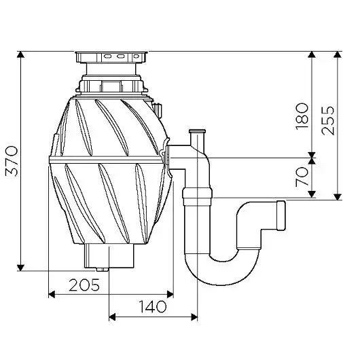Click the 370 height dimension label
coord(12,161)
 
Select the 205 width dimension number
coord(84,285)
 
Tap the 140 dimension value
coord(152,306)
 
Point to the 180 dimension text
coord(302,116)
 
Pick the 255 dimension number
coord(327,120)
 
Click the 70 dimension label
coord(302,177)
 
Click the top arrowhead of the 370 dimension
coord(20,54)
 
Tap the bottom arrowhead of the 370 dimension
coord(20,268)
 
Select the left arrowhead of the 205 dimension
coord(52,294)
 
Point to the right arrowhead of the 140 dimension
coord(194,317)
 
